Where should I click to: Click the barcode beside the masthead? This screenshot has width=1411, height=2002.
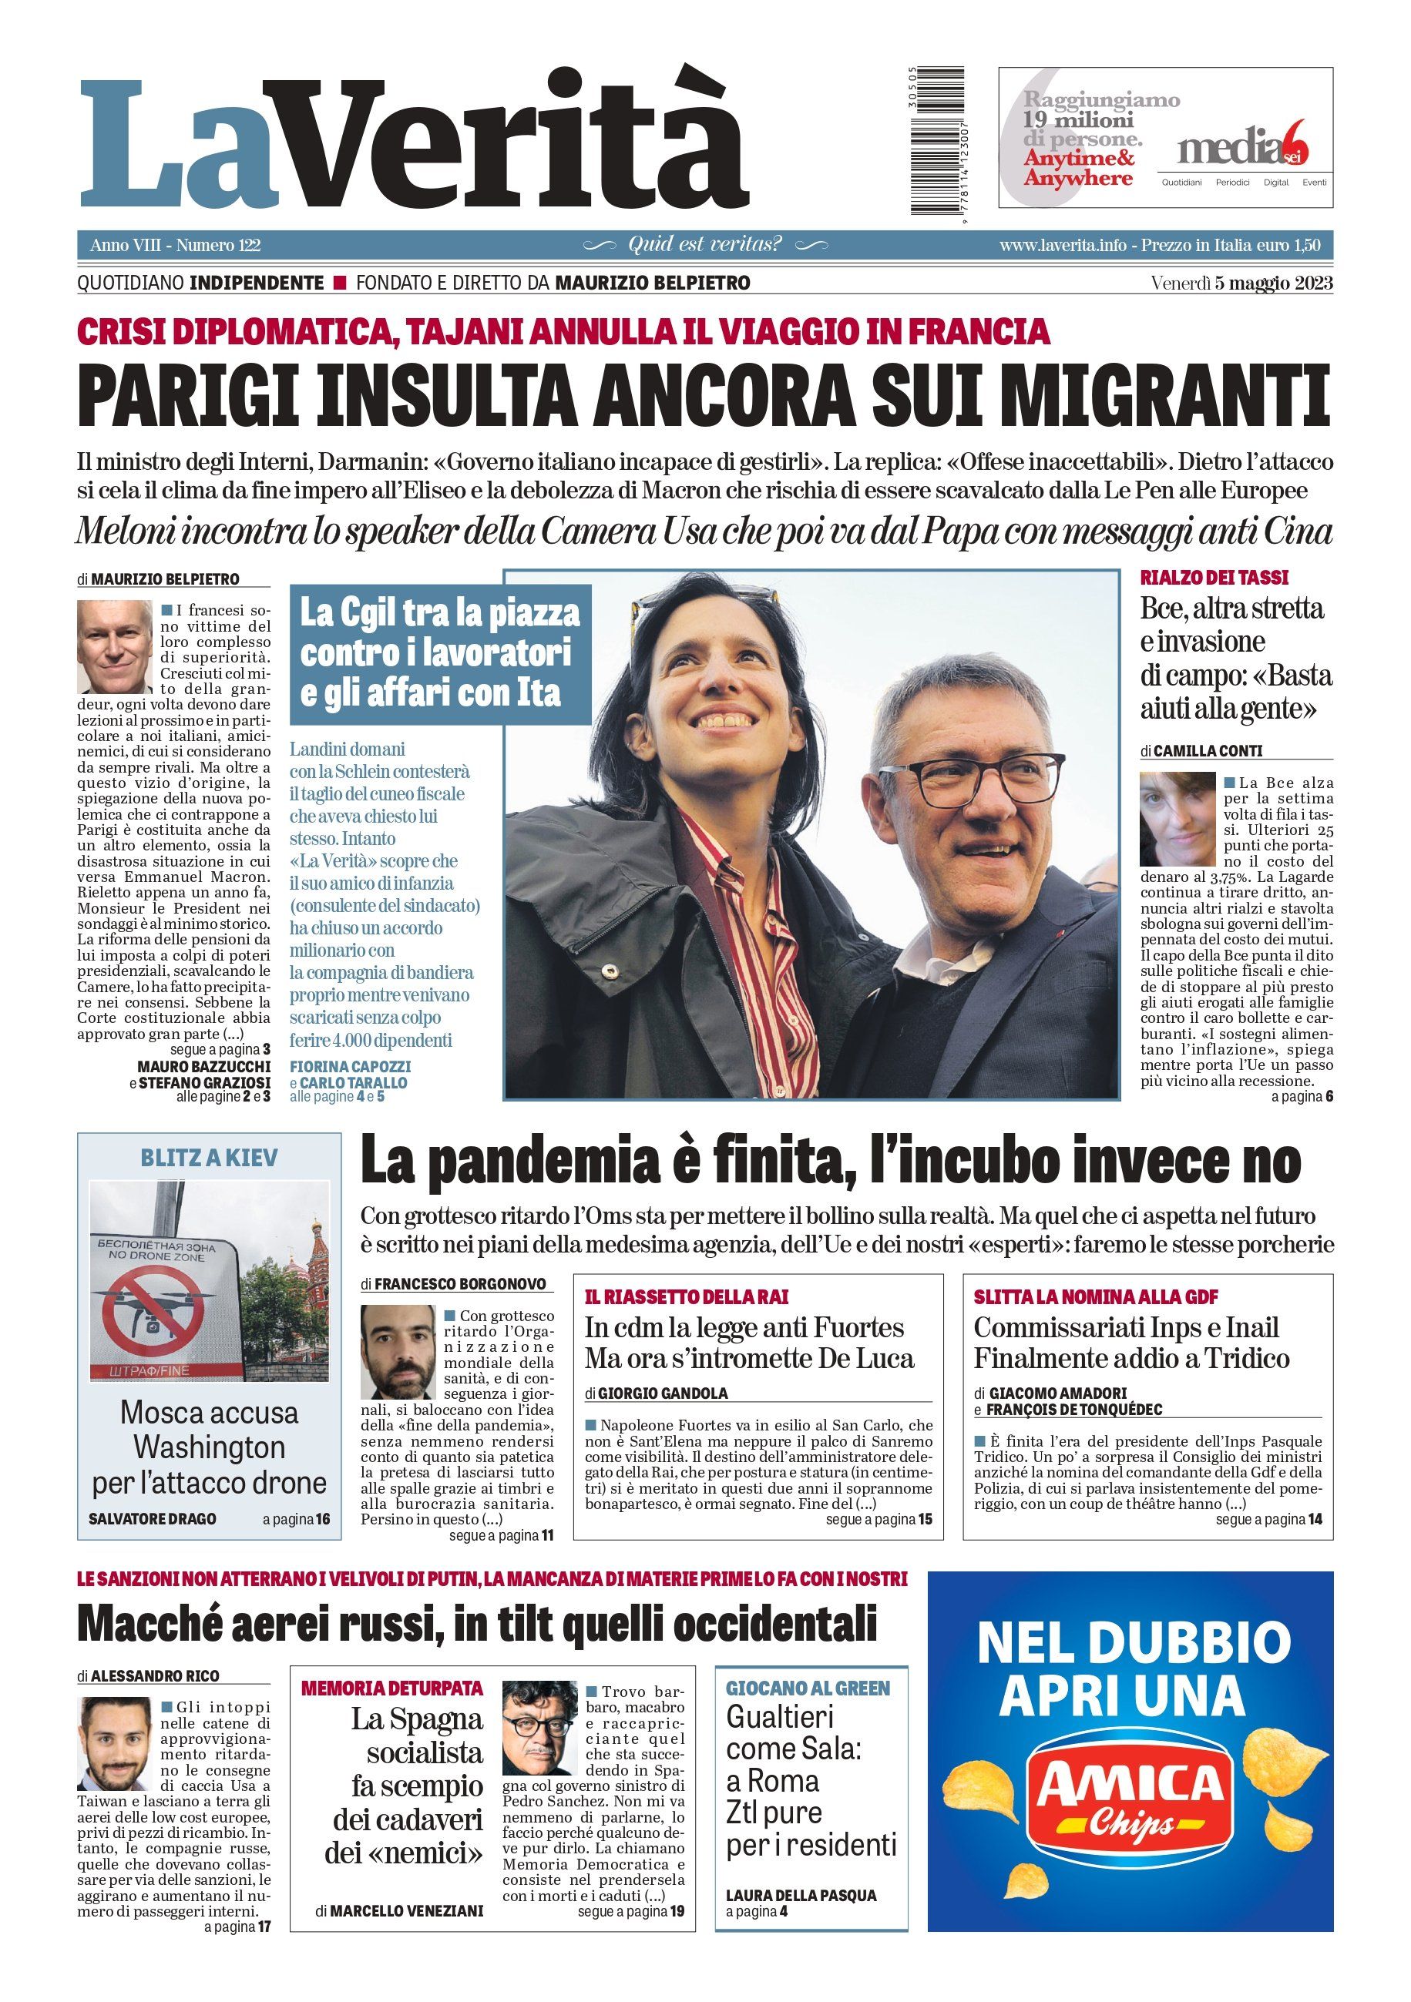(x=939, y=141)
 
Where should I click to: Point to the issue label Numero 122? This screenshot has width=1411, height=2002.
(x=219, y=246)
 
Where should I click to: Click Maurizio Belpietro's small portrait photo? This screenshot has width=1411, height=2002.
(x=114, y=646)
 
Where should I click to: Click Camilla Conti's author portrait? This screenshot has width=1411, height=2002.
(x=1177, y=818)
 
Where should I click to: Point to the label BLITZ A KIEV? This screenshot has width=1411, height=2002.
(x=210, y=1158)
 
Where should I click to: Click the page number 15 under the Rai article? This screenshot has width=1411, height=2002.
(x=926, y=1519)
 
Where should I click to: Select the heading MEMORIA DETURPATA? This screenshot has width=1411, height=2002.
(x=391, y=1688)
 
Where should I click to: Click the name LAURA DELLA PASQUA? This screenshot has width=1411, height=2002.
(x=801, y=1895)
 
